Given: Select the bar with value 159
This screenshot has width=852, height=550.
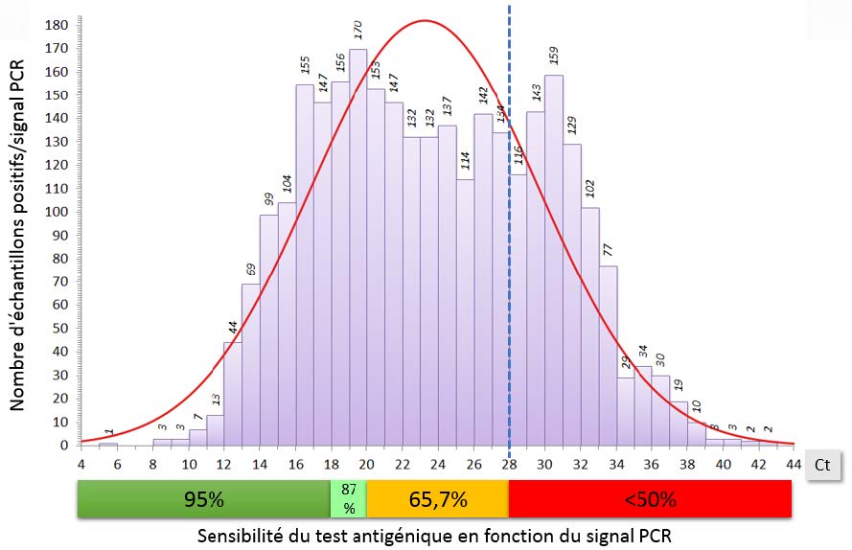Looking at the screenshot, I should [554, 260].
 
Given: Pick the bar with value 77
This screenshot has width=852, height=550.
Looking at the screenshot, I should [608, 355].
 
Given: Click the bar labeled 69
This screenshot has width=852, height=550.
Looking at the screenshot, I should [250, 364].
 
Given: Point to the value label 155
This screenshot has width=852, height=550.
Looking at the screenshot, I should [305, 64].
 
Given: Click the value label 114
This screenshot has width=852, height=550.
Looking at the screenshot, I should [466, 160].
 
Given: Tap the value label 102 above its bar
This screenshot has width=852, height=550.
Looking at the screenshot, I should [590, 187].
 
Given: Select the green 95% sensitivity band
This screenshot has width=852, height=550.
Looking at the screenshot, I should [204, 499].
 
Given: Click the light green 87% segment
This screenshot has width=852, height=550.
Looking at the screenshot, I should [348, 499].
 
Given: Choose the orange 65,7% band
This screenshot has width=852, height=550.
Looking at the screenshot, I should [437, 499].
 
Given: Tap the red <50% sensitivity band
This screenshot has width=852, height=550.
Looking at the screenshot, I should [650, 499].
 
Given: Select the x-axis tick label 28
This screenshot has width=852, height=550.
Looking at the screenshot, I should [509, 465].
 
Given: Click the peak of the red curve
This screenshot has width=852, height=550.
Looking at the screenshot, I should [425, 21].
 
